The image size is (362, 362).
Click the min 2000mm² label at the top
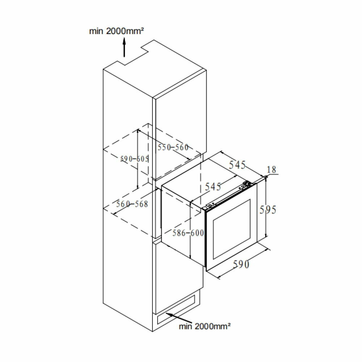pyautogui.click(x=117, y=31)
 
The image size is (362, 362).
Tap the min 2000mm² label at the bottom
pyautogui.click(x=205, y=327)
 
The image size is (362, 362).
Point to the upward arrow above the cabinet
pyautogui.click(x=124, y=48)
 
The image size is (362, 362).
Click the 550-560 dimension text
pyautogui.click(x=173, y=147)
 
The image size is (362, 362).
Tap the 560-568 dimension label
pyautogui.click(x=132, y=204)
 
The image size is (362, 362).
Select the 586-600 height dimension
pyautogui.click(x=188, y=233)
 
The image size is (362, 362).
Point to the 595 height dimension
pyautogui.click(x=268, y=210)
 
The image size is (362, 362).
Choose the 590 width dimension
pyautogui.click(x=240, y=265)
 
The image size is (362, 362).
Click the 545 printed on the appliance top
pyautogui.click(x=213, y=186)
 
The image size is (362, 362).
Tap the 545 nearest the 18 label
pyautogui.click(x=237, y=165)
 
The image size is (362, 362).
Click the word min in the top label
pyautogui.click(x=97, y=31)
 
